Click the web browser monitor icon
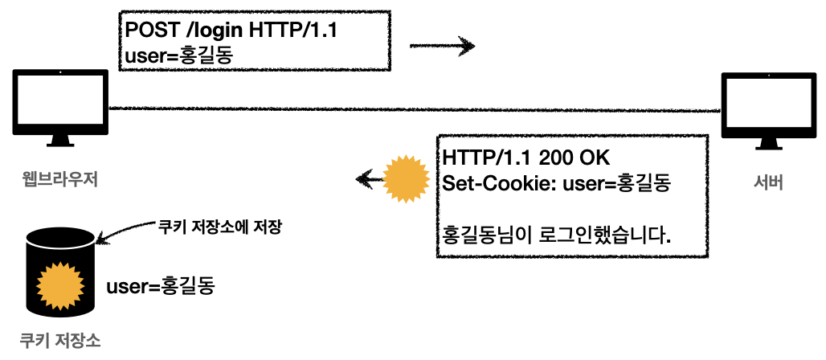coord(60,104)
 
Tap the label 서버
coord(766,183)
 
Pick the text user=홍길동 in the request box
coord(182,55)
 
